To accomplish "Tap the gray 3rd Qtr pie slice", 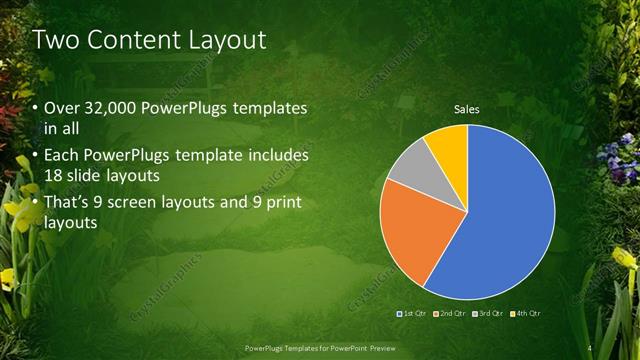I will (x=408, y=165).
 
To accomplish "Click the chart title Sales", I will (x=467, y=108).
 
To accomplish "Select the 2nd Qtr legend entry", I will (x=452, y=314).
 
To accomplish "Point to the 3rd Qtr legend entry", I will (x=490, y=314).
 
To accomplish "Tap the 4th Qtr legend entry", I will (x=527, y=314).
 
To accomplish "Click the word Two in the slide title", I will (x=56, y=40).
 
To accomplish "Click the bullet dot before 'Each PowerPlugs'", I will (x=37, y=157).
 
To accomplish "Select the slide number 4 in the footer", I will (x=592, y=347).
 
